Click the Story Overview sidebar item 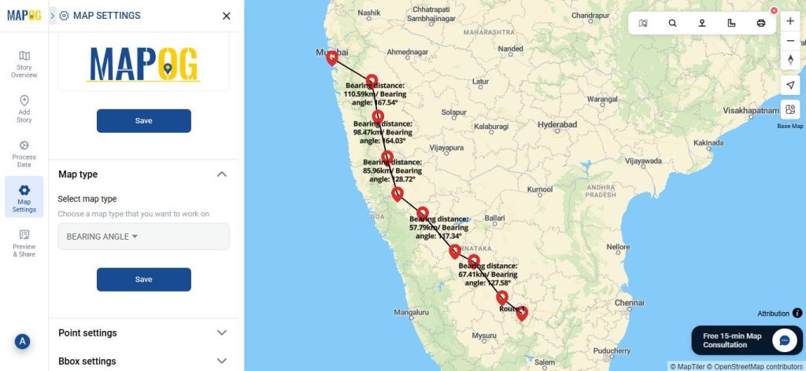click(x=24, y=64)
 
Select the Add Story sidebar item click(x=24, y=109)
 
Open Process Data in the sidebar click(x=24, y=154)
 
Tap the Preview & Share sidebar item click(x=24, y=244)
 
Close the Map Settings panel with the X click(x=227, y=16)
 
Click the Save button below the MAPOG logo click(x=143, y=121)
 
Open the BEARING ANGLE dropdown click(x=143, y=237)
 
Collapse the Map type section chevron click(x=221, y=174)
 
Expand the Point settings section click(x=221, y=333)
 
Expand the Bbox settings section click(x=221, y=362)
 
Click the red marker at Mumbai click(x=332, y=57)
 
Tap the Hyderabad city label click(x=557, y=125)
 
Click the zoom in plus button click(x=790, y=21)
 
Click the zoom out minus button click(x=790, y=41)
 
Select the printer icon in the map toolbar click(x=761, y=23)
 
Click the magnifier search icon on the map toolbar click(x=672, y=23)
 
